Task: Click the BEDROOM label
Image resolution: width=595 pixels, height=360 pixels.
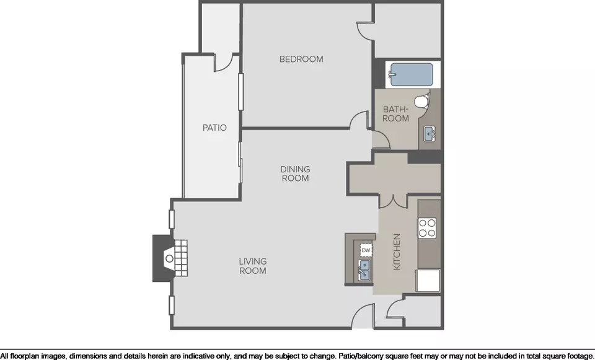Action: [301, 59]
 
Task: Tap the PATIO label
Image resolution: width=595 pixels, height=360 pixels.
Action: [214, 128]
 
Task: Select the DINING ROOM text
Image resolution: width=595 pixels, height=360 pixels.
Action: [295, 173]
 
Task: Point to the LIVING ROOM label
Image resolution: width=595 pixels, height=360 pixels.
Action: [253, 266]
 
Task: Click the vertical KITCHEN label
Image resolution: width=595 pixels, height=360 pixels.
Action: [397, 252]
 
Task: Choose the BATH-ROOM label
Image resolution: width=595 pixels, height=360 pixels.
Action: [396, 114]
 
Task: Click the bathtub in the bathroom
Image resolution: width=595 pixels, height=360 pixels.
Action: [412, 75]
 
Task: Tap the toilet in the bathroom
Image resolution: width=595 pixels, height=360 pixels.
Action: [421, 101]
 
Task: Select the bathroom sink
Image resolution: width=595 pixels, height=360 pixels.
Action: [430, 134]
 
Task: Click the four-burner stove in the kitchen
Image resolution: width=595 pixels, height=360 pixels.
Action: [427, 228]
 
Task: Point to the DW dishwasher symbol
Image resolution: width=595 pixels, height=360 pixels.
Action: [366, 250]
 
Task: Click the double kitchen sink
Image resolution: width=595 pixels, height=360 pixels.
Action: [364, 270]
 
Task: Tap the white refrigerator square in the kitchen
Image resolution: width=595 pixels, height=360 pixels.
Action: [428, 281]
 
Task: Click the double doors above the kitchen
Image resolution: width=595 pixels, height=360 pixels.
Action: [393, 202]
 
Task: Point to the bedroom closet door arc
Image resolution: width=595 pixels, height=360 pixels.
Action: [364, 33]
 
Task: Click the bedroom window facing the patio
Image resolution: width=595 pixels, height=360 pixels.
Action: [240, 92]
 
